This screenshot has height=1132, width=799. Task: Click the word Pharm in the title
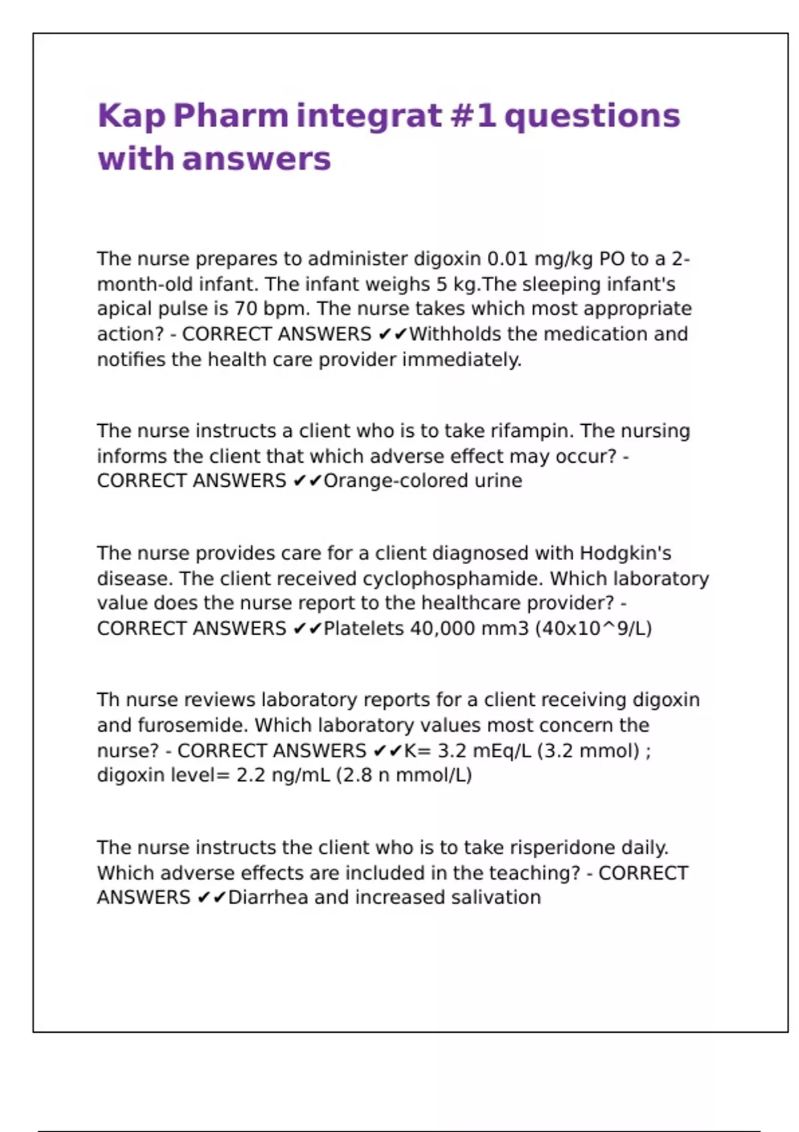click(230, 116)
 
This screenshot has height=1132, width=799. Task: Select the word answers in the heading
click(256, 159)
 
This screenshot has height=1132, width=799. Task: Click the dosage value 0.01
click(508, 258)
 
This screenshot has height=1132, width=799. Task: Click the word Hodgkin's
click(625, 553)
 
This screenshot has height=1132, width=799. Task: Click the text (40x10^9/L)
click(593, 629)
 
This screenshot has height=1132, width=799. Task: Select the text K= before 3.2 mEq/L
click(417, 751)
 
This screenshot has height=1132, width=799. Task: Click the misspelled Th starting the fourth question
click(109, 700)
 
